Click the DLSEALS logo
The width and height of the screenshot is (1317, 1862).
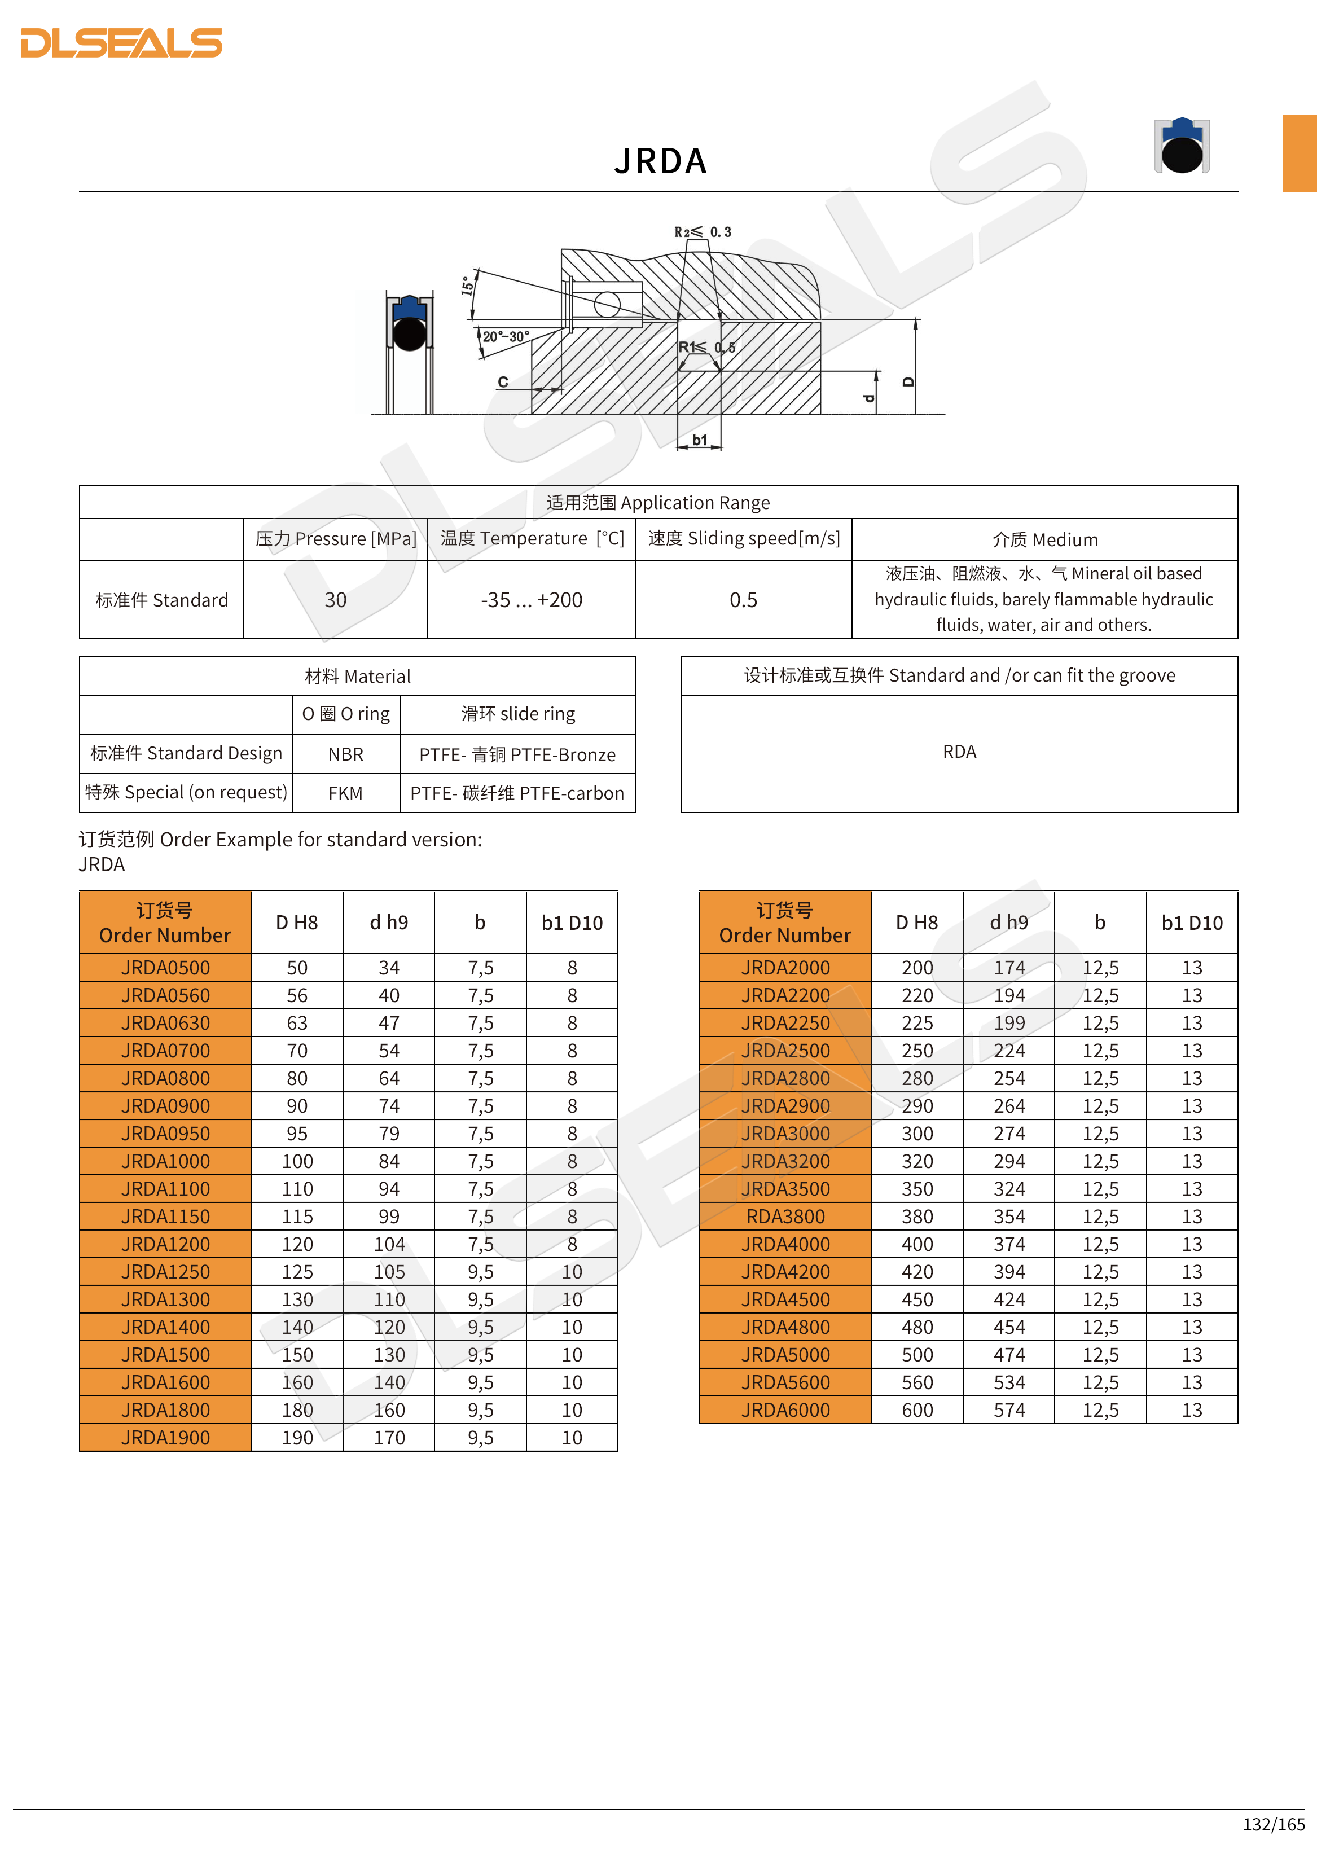point(122,43)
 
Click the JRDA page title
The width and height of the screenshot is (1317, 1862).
point(660,161)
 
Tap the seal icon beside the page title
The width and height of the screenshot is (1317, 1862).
point(1182,146)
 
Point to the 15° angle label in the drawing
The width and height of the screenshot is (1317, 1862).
point(468,286)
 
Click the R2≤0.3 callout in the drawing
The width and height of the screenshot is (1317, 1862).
point(703,232)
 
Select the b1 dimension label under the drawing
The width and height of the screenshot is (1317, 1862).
point(699,440)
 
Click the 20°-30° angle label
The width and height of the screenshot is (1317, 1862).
point(506,336)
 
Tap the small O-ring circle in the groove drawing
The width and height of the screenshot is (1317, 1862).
point(607,305)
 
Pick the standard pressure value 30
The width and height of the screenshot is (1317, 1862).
point(335,600)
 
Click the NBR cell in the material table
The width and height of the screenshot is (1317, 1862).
point(345,754)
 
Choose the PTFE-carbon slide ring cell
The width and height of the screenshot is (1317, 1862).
point(517,793)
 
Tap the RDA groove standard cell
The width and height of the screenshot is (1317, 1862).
point(959,752)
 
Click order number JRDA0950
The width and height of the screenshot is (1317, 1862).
point(165,1134)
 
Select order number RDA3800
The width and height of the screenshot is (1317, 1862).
point(785,1217)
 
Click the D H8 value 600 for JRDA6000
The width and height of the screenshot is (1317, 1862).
point(917,1410)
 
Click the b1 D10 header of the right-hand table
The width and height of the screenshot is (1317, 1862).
point(1191,923)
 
